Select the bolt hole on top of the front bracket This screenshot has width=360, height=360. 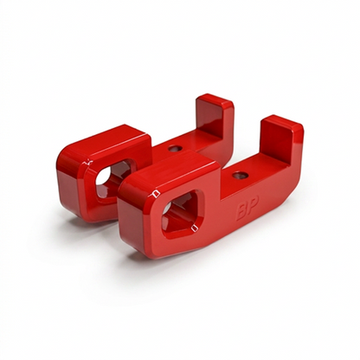(239, 175)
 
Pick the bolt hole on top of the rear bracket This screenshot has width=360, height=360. (176, 148)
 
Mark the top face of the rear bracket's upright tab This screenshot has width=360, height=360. (214, 100)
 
